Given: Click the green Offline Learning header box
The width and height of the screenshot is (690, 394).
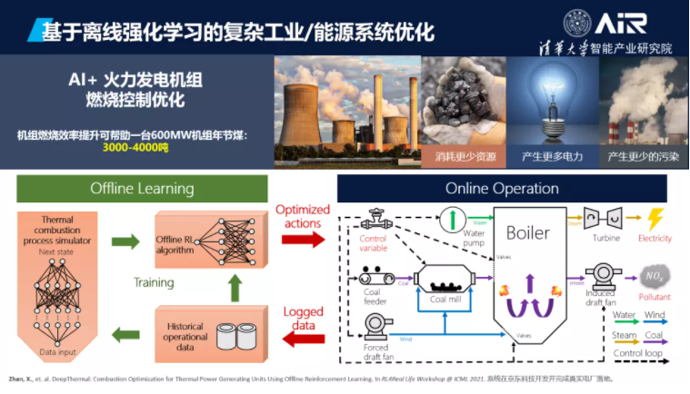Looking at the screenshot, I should [142, 189].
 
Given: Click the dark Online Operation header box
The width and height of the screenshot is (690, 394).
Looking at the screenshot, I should [502, 189].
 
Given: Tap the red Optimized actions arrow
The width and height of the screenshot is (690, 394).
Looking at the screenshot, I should [301, 240].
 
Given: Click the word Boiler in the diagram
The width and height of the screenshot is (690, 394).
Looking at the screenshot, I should [527, 232].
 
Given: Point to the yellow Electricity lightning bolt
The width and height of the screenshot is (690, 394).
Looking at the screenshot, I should [655, 218].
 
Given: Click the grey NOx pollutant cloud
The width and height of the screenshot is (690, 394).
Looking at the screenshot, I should [654, 274].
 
